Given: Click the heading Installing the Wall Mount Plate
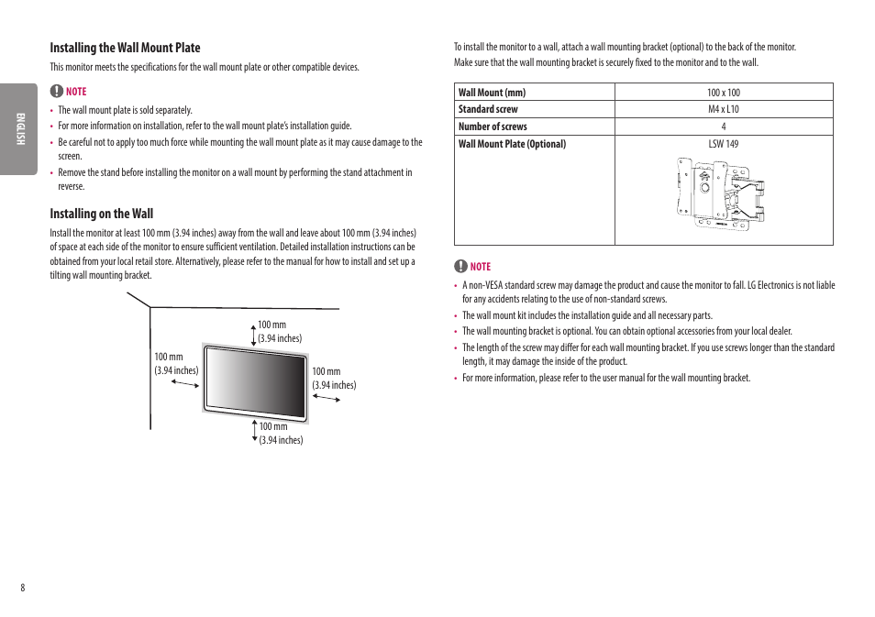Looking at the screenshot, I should [125, 48].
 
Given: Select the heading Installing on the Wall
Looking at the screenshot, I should [102, 214].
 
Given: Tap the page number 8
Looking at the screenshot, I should [23, 588].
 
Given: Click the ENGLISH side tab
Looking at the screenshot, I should [17, 129].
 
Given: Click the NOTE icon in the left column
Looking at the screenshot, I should [56, 92].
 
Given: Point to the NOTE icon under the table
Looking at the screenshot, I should [460, 267].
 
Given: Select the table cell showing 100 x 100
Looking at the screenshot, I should [723, 93].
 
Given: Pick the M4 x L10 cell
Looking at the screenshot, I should [723, 109].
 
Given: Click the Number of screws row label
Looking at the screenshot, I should [493, 127].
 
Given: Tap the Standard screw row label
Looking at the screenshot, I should [488, 109].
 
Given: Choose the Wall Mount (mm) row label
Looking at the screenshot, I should [492, 93].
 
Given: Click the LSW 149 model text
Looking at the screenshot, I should [723, 144].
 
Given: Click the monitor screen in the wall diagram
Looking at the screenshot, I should [255, 380].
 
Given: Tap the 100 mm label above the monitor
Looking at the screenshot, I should [271, 325].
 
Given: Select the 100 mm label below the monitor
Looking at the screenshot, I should [272, 427].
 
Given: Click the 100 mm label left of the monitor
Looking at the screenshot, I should [169, 358].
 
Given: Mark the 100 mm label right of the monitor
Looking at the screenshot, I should [327, 372].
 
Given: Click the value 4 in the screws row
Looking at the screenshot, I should [723, 127].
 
